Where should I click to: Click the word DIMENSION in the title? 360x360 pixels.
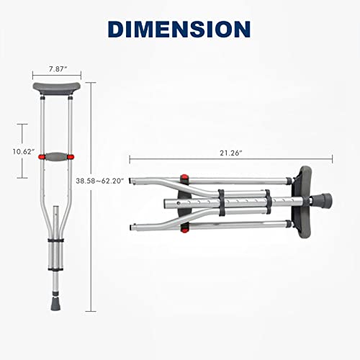179,29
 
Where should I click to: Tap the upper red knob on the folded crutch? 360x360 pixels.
184,179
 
